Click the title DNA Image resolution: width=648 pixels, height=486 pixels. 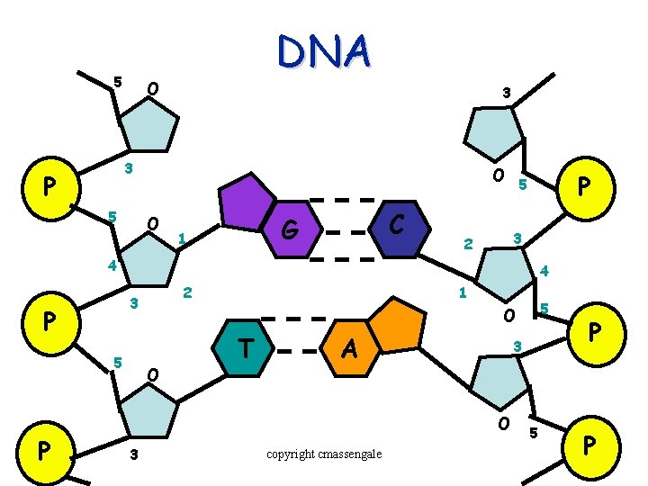(x=323, y=51)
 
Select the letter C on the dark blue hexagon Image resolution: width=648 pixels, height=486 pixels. (x=396, y=220)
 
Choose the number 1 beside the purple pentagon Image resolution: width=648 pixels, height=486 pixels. (x=182, y=238)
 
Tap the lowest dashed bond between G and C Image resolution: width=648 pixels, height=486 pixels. (x=346, y=258)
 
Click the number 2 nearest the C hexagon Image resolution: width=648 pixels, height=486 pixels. (x=467, y=244)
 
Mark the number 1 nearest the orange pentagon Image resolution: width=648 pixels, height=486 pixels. (x=462, y=292)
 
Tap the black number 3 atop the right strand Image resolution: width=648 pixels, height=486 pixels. (x=507, y=93)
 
